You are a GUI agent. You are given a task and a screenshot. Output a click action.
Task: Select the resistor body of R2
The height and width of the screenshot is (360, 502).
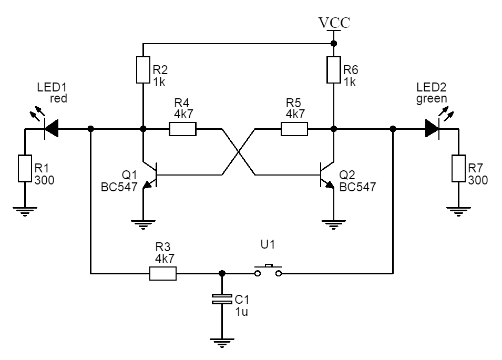point(143,69)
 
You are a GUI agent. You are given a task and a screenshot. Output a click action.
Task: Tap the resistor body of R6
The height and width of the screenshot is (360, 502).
point(334,69)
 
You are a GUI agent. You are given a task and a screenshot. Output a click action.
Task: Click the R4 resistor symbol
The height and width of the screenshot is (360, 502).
point(182,129)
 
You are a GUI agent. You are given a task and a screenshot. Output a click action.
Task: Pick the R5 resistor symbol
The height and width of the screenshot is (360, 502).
point(294,129)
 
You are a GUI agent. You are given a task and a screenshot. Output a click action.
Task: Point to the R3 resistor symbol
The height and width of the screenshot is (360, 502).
point(163,273)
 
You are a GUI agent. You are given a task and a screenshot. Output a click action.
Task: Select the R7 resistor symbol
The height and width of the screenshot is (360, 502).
point(458,168)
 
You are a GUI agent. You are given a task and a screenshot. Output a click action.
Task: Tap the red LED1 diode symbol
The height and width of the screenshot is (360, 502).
point(52,128)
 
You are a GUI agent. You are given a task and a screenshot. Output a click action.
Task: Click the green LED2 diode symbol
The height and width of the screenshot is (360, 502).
point(432,128)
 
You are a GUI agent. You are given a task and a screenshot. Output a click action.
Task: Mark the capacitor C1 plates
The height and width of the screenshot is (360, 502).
point(222,300)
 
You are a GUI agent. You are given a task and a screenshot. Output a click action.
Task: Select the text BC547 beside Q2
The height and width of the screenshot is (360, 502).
point(357,187)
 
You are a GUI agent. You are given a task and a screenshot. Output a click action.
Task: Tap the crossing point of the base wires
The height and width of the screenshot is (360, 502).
point(240,152)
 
